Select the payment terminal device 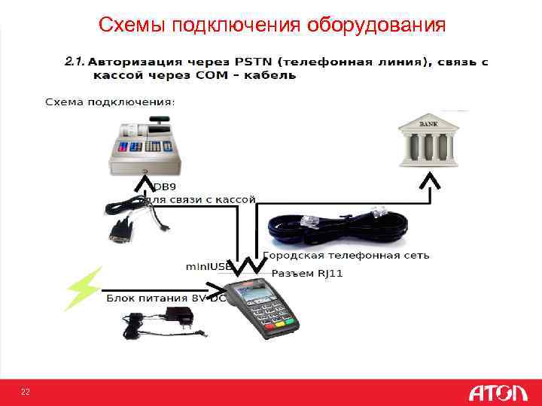click(x=260, y=309)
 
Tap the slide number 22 click(x=26, y=392)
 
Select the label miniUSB click(x=209, y=267)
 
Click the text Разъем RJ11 click(x=307, y=273)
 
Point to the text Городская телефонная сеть click(x=346, y=255)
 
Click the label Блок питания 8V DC click(x=166, y=298)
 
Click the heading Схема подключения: click(x=109, y=101)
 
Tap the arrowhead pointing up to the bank click(x=429, y=182)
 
